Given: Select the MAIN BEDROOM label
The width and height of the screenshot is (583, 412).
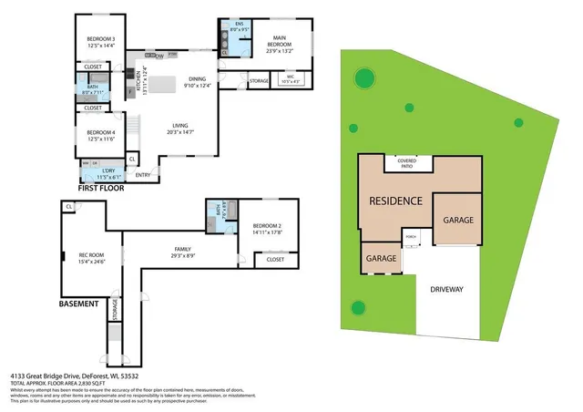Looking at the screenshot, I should pos(279,39).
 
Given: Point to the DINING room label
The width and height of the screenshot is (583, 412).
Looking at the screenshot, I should pos(197,79).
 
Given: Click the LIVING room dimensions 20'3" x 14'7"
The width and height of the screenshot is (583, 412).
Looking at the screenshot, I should pos(179,133).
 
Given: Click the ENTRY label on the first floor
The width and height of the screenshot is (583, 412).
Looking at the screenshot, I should pos(143,175).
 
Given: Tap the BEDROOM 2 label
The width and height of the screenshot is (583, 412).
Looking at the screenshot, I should pos(267,225).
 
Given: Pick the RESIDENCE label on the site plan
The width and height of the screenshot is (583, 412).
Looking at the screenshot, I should pos(394,201).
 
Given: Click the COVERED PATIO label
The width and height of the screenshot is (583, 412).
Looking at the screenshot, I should pos(407,163).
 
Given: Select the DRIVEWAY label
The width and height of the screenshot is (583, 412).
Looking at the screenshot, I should pos(446,289).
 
